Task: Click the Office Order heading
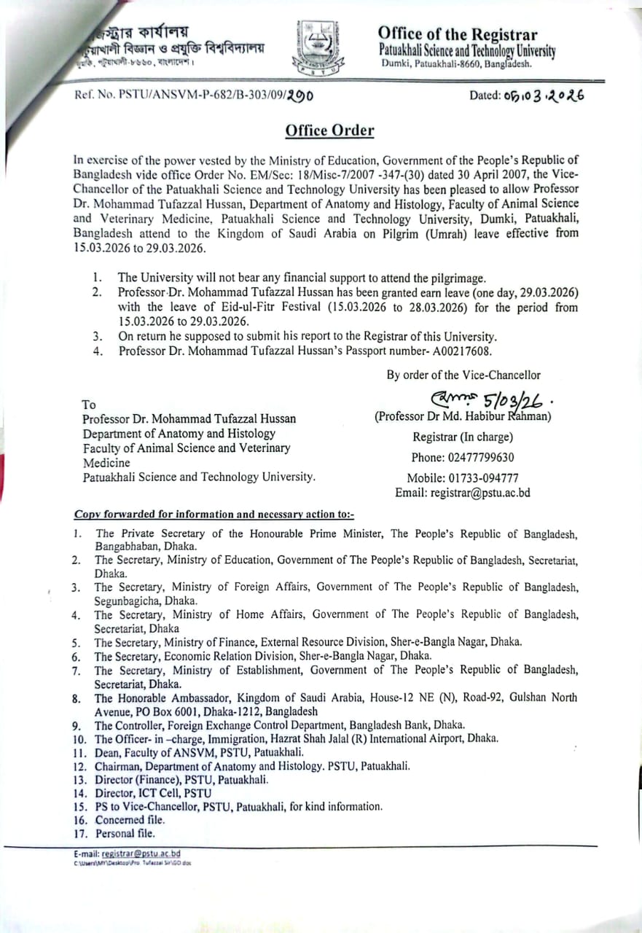coord(329,130)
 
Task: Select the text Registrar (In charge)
coord(463,437)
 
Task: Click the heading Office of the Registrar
coord(457,34)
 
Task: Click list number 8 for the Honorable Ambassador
coord(76,698)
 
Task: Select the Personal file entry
coord(125,833)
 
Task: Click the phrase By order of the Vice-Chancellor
coord(463,375)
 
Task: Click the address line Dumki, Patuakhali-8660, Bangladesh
coord(457,63)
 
